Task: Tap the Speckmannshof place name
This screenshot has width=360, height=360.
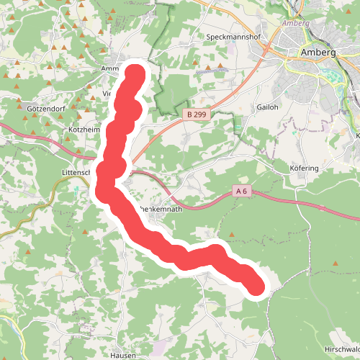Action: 233,36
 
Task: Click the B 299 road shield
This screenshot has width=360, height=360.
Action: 198,114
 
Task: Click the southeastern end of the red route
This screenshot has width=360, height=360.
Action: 256,287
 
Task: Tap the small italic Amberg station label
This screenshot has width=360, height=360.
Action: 297,24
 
